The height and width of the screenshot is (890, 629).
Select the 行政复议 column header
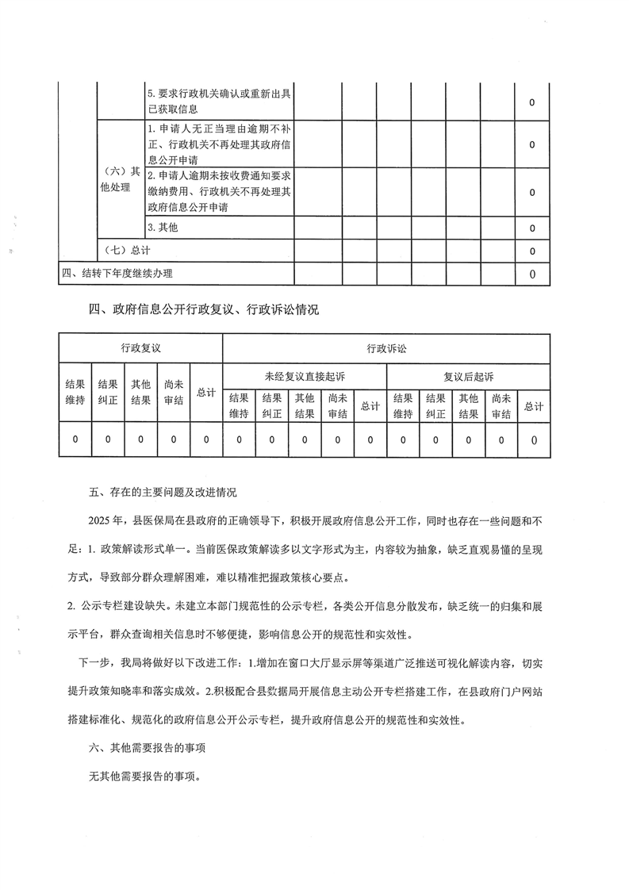140,348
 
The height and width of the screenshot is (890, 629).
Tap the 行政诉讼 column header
385,348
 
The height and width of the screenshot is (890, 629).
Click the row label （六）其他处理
118,179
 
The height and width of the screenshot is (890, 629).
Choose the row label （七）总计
127,251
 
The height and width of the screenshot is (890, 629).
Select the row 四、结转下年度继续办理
117,274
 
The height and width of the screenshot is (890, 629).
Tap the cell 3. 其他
163,228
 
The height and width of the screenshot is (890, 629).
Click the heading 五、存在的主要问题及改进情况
163,493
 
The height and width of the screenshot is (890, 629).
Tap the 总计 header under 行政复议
206,392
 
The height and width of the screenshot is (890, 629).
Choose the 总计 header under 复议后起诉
533,406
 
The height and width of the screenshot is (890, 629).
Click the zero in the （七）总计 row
531,251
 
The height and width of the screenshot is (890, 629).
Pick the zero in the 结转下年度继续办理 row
531,274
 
